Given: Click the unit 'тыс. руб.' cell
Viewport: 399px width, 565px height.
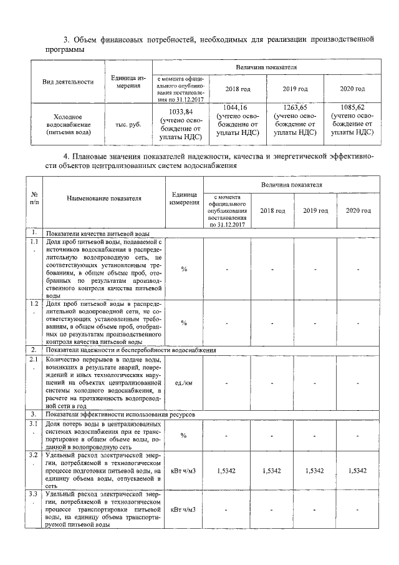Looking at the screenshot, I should [x=124, y=124].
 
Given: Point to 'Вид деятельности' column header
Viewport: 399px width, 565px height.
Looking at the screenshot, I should [x=68, y=81].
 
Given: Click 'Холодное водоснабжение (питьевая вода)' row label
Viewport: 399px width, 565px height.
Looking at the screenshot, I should [x=68, y=124].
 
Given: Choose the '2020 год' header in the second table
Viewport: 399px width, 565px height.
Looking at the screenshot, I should [x=358, y=210].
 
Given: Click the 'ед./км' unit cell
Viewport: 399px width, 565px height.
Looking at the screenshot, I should [x=184, y=383].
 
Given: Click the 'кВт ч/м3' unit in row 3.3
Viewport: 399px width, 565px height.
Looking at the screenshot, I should [x=184, y=509].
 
